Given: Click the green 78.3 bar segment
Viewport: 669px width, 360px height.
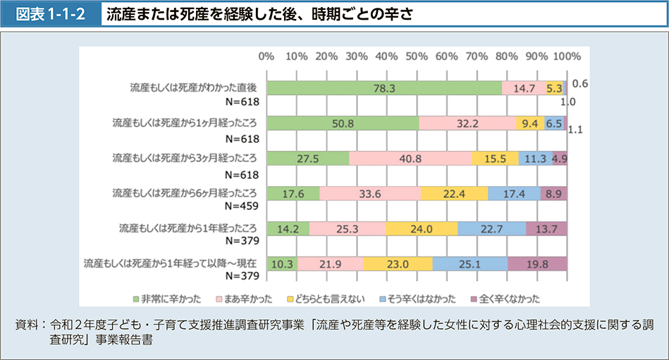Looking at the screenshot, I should click(384, 88).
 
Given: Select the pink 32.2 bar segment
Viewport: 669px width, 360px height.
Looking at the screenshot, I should click(467, 123).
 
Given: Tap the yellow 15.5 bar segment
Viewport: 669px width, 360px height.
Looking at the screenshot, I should click(496, 159).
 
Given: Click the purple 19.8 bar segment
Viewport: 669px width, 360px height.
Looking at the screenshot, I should click(537, 263).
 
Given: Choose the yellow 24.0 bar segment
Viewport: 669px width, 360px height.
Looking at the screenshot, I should click(422, 228).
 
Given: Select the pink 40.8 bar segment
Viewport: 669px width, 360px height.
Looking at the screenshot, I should click(410, 159).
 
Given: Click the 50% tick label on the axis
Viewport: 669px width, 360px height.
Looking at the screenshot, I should click(417, 56).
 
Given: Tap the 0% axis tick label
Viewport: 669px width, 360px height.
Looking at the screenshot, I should click(266, 56).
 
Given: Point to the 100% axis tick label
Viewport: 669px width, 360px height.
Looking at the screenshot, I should click(567, 56).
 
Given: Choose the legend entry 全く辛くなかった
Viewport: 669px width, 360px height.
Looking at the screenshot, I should click(508, 298).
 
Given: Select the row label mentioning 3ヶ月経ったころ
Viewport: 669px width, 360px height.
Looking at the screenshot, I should click(186, 157).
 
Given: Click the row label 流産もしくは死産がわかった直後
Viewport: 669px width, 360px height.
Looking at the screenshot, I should click(193, 87).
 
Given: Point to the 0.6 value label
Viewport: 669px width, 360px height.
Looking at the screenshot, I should click(580, 84).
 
